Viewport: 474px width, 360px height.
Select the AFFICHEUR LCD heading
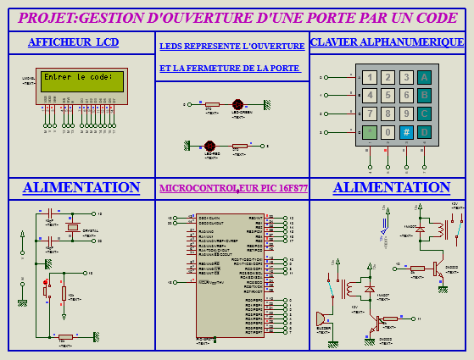pyautogui.click(x=74, y=42)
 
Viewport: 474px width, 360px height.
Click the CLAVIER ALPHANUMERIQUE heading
pyautogui.click(x=387, y=42)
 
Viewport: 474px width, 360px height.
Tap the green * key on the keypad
pyautogui.click(x=369, y=132)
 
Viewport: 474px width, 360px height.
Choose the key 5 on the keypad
pyautogui.click(x=388, y=96)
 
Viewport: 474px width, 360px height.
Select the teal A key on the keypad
pyautogui.click(x=425, y=77)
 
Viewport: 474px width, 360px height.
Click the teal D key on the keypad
pyautogui.click(x=425, y=132)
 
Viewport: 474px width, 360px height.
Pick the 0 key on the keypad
pyautogui.click(x=388, y=132)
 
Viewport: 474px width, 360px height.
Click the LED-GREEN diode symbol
pyautogui.click(x=242, y=104)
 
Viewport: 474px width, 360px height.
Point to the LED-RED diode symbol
pyautogui.click(x=210, y=147)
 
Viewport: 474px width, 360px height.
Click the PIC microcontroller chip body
pyautogui.click(x=230, y=271)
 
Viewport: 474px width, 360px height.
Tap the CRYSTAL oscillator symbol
pyautogui.click(x=75, y=226)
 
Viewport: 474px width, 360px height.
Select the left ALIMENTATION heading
pyautogui.click(x=81, y=187)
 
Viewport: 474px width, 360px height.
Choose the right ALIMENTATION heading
pyautogui.click(x=391, y=187)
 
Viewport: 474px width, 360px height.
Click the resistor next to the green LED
pyautogui.click(x=212, y=104)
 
